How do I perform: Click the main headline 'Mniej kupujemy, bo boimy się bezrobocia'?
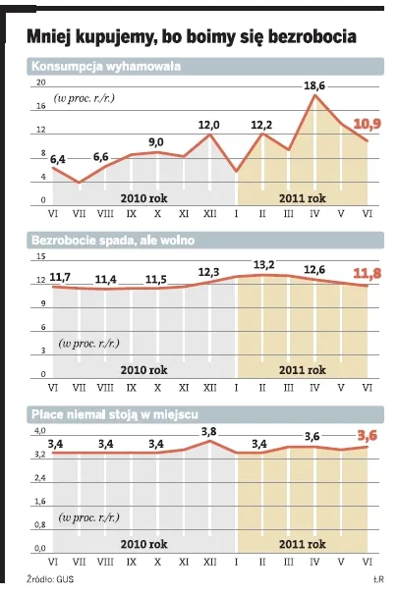[x=192, y=38]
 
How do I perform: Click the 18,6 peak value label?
[x=313, y=86]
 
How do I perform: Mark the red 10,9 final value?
[x=367, y=124]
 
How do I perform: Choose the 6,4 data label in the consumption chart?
[x=58, y=158]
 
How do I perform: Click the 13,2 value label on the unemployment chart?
[x=262, y=264]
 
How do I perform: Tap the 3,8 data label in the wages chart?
[x=209, y=432]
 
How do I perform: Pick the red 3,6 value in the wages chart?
[x=367, y=435]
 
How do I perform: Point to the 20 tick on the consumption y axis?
[x=40, y=84]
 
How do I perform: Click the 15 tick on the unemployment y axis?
[x=40, y=257]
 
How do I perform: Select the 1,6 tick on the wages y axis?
[x=40, y=501]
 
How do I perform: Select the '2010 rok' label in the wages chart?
[x=144, y=543]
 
